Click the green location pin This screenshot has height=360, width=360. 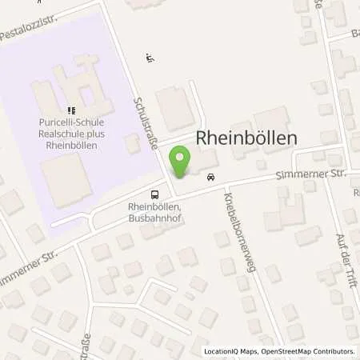(x=182, y=161)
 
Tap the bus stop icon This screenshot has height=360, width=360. (x=154, y=194)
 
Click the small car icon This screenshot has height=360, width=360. (x=210, y=177)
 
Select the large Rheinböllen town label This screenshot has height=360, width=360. (x=246, y=138)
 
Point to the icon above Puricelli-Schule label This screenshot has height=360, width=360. (x=71, y=110)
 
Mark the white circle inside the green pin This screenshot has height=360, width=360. (x=182, y=156)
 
